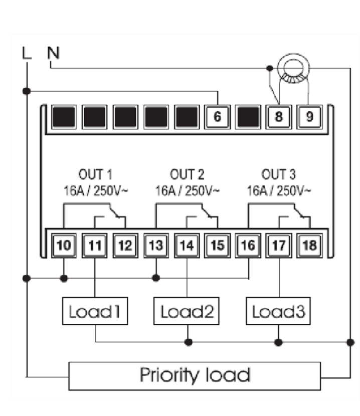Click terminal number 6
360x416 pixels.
click(217, 116)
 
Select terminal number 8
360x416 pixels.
click(278, 116)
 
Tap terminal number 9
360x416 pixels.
click(309, 116)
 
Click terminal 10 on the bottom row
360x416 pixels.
click(64, 245)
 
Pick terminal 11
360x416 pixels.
click(95, 245)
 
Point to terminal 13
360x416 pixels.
click(156, 245)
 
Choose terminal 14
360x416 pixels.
click(187, 245)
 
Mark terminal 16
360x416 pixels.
click(248, 245)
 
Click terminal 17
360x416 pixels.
click(279, 245)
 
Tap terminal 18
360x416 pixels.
click(309, 245)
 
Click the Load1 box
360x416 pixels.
click(95, 312)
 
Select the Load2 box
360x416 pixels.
click(187, 312)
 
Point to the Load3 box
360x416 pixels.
click(279, 312)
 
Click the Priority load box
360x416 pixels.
click(195, 375)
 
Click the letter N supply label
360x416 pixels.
click(52, 52)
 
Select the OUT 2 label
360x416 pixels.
click(188, 175)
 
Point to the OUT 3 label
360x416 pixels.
click(279, 175)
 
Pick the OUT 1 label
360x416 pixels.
click(95, 175)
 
